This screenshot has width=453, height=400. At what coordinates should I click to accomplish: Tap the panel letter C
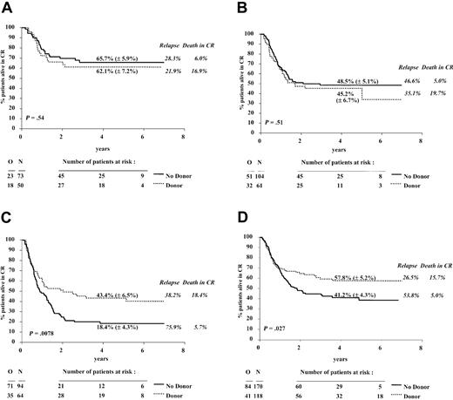[7, 207]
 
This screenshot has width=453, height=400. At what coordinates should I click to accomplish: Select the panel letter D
[241, 207]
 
